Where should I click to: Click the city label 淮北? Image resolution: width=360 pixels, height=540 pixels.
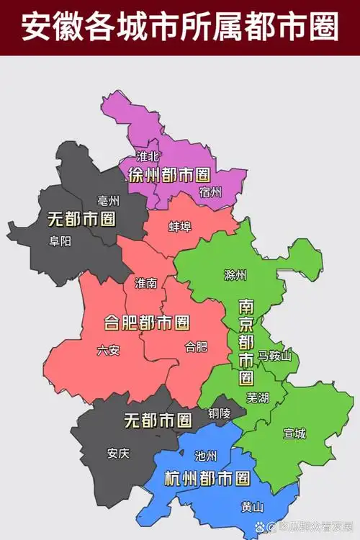tap(147, 156)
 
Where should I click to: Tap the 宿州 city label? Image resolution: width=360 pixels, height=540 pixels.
tap(211, 192)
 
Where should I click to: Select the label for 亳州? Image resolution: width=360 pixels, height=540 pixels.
tap(109, 201)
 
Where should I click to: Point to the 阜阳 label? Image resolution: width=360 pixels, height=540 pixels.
tap(60, 241)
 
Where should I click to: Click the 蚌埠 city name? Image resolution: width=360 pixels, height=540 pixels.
tap(180, 227)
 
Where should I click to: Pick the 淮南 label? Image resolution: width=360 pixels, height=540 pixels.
tap(145, 283)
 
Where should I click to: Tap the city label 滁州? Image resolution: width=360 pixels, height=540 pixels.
tap(235, 275)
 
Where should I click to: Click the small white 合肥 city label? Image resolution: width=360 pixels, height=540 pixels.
tap(196, 346)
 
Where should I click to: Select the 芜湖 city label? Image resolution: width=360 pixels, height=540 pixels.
tap(257, 397)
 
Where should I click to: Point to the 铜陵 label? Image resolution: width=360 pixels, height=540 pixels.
tap(220, 413)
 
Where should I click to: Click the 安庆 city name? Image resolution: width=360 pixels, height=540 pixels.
tap(118, 453)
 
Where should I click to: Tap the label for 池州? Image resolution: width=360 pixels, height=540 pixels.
tap(206, 455)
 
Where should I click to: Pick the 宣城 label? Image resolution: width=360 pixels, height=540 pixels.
tap(294, 433)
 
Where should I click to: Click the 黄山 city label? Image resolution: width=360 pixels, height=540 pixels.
tap(253, 506)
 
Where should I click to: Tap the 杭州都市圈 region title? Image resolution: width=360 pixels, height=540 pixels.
tap(207, 478)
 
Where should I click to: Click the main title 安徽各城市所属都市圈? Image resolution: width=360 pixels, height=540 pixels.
tap(180, 28)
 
